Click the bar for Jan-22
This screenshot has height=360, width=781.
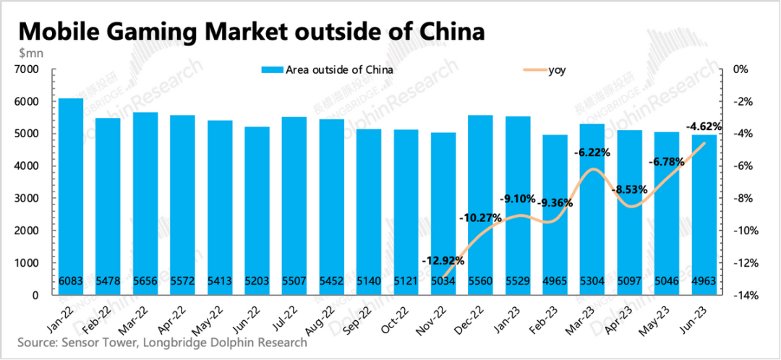(x=71, y=195)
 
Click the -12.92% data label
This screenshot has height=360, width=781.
(x=443, y=260)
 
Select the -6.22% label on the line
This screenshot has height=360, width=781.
(x=592, y=153)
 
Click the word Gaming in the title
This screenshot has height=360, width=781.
(x=157, y=32)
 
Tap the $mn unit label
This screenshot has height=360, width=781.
(x=32, y=53)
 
